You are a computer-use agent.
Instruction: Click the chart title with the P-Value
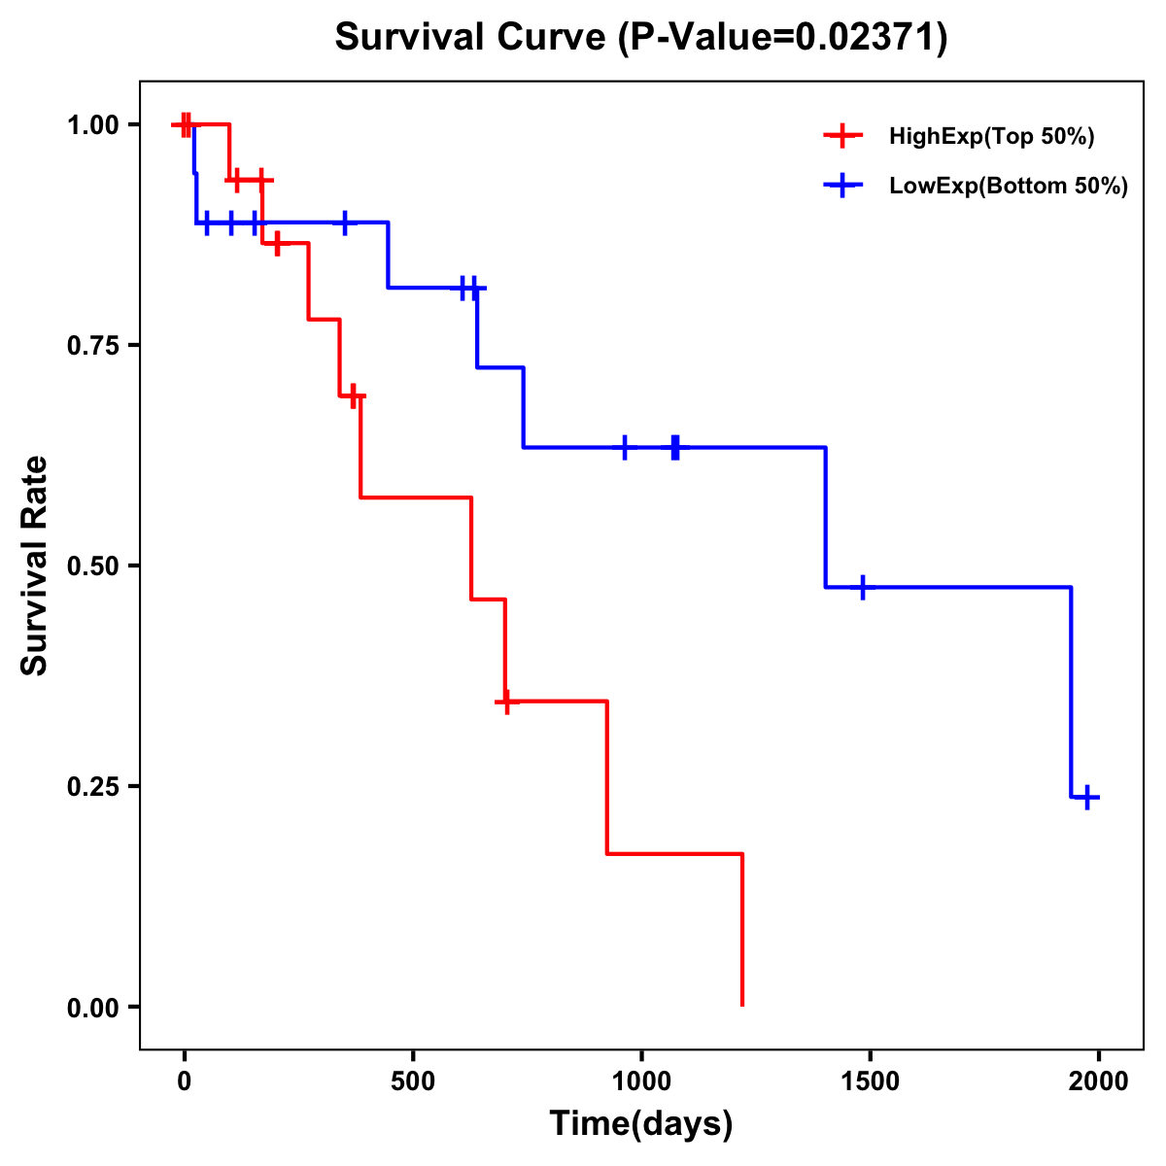coord(640,37)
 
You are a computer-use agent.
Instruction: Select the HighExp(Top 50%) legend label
coord(991,137)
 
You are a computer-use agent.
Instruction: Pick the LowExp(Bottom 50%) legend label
coord(1009,187)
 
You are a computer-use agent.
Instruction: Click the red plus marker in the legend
coord(842,136)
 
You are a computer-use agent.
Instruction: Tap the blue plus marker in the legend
coord(842,186)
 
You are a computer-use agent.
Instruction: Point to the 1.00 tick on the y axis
coord(93,125)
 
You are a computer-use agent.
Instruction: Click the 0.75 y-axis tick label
coord(93,346)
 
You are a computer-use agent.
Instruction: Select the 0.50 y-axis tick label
coord(93,566)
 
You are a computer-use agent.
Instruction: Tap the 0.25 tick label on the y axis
coord(93,787)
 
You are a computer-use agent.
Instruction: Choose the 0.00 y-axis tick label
coord(93,1008)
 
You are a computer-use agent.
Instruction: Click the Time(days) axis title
coord(641,1124)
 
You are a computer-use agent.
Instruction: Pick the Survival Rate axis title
coord(36,566)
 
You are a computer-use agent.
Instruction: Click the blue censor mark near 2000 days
coord(1088,798)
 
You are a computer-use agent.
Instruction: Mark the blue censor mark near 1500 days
coord(862,588)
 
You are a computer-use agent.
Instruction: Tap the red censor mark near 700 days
coord(505,702)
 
